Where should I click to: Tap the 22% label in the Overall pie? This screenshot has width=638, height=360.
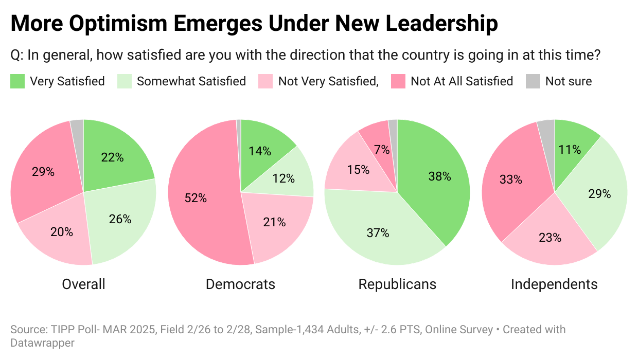(x=113, y=158)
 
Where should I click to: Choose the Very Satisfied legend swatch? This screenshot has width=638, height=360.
(x=17, y=81)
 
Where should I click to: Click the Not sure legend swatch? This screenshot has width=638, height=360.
(x=533, y=81)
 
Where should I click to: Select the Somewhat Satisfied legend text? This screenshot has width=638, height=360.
(x=191, y=81)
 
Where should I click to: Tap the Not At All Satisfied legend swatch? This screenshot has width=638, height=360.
(x=398, y=81)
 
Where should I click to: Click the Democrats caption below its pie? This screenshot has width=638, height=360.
(x=240, y=284)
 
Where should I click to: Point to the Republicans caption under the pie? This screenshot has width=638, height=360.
(x=397, y=284)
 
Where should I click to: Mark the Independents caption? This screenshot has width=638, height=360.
(x=554, y=284)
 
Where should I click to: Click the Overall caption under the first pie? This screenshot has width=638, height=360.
(x=83, y=284)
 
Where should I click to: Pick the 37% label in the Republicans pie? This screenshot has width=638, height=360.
(x=378, y=233)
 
